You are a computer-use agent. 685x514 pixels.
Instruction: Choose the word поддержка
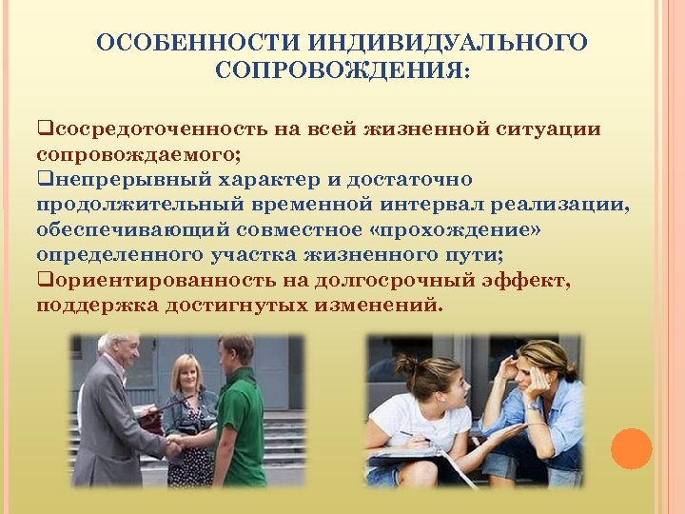(x=96, y=306)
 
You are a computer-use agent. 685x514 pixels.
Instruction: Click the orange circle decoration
(x=631, y=449)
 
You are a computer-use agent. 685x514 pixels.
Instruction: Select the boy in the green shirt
(x=239, y=409)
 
